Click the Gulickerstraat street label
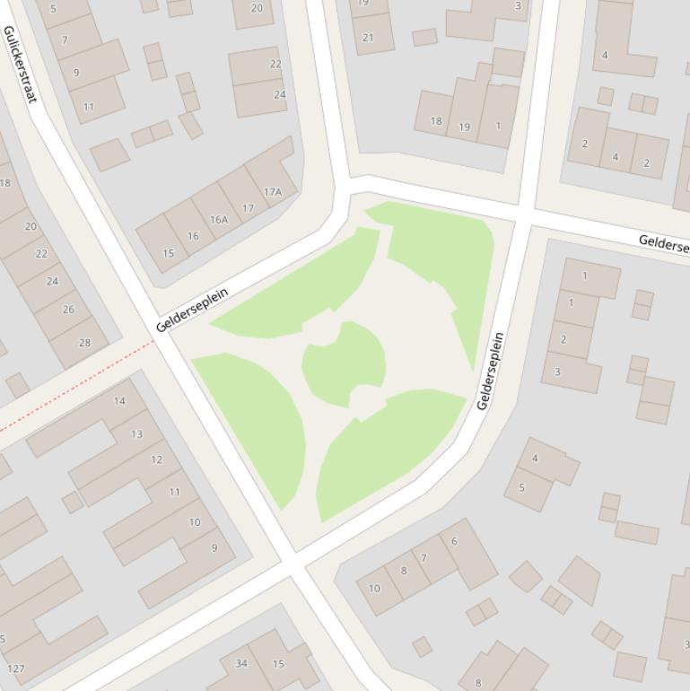(21, 63)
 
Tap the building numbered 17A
(272, 191)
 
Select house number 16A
(219, 219)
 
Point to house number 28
(84, 342)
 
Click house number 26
(68, 310)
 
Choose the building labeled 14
(119, 401)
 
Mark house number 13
(136, 434)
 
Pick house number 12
(156, 459)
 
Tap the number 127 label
(15, 669)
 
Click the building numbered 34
(240, 663)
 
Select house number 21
(368, 37)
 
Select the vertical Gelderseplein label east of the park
(490, 371)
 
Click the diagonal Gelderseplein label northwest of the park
(192, 309)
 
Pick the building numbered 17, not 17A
(248, 207)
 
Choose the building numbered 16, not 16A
(193, 236)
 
